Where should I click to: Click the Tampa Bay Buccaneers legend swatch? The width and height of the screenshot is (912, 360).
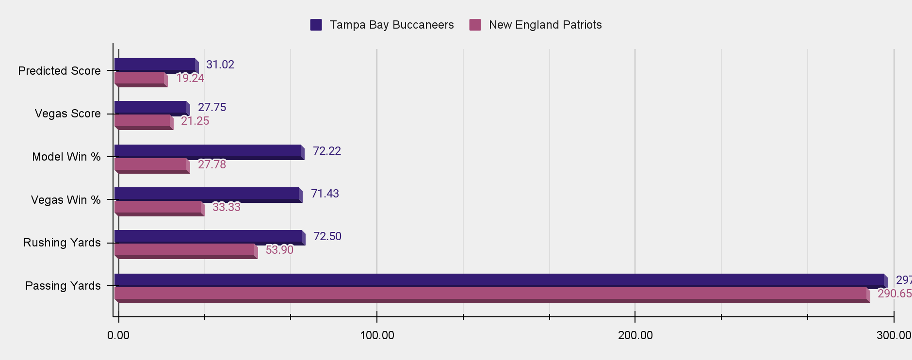coord(316,25)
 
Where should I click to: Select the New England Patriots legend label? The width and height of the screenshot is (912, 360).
coord(545,25)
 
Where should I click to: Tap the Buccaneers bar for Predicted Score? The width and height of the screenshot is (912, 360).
coord(155,65)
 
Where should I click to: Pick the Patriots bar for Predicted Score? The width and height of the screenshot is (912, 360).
coord(140,78)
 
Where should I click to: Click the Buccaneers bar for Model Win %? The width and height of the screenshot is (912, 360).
coord(208,151)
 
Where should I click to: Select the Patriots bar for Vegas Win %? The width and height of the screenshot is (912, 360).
coord(158,207)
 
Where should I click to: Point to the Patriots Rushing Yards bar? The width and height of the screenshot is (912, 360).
coord(185,250)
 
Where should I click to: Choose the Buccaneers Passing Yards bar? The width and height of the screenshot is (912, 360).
coord(500,280)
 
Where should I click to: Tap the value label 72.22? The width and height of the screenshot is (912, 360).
coord(327,151)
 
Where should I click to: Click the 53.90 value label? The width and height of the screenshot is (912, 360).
coord(279,250)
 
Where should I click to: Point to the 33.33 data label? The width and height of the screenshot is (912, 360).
coord(227,207)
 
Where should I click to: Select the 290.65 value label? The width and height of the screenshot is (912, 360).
coord(894,294)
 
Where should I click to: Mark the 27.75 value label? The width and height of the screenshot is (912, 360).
coord(212,107)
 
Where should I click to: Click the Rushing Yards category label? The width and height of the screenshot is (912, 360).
coord(62,243)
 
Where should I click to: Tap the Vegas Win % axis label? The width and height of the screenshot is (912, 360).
coord(66,200)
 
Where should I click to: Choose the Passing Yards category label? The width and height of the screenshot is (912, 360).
coord(63,286)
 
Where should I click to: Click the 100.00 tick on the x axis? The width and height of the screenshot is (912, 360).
coord(377,335)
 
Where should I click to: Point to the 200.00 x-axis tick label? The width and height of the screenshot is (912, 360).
coord(635,335)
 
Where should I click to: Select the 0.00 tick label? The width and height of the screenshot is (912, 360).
coord(118,335)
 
